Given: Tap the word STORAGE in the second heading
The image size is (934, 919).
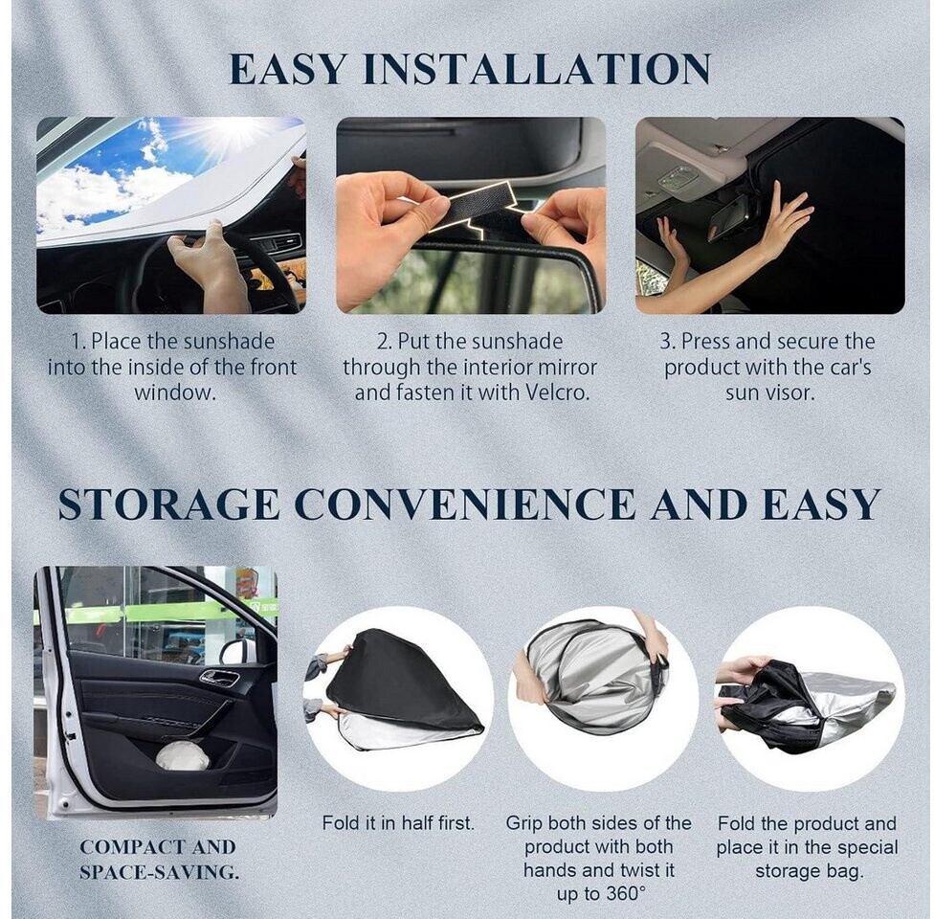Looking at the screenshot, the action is pyautogui.click(x=168, y=504).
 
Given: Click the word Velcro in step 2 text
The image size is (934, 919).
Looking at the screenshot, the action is pyautogui.click(x=556, y=393).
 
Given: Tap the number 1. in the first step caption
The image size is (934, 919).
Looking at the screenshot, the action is pyautogui.click(x=79, y=342).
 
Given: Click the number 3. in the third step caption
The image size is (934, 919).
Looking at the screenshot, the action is pyautogui.click(x=667, y=342).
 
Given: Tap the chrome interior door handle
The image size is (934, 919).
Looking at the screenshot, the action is pyautogui.click(x=219, y=678).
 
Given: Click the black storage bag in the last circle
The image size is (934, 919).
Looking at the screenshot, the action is pyautogui.click(x=768, y=706).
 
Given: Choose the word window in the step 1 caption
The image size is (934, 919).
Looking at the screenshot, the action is pyautogui.click(x=174, y=393).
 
